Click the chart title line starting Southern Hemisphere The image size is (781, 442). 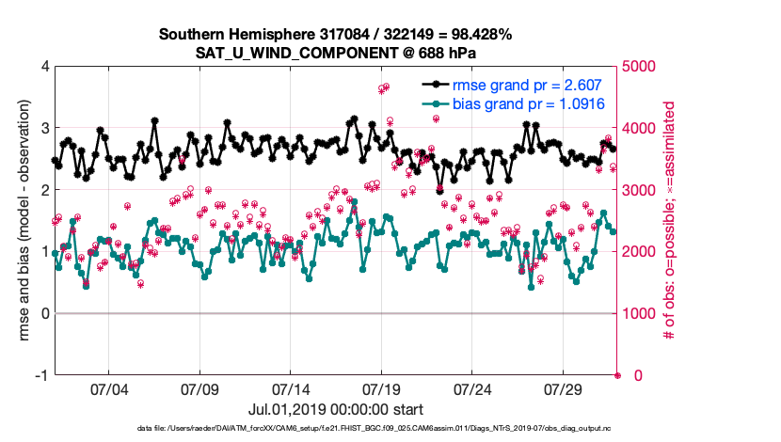[x=335, y=35]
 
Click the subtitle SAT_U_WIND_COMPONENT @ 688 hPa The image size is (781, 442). [x=335, y=53]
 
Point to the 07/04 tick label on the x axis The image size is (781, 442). [x=108, y=388]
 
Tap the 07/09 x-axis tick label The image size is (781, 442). [x=199, y=388]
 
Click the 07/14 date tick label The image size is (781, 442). [x=291, y=388]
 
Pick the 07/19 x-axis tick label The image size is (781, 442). [x=382, y=388]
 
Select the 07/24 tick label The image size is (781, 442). [x=473, y=388]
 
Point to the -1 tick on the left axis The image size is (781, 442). [x=40, y=375]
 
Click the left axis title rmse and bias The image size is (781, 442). [x=22, y=221]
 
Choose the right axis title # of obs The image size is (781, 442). [x=671, y=221]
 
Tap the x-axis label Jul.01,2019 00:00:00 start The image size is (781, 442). [x=335, y=409]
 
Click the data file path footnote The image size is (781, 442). [x=335, y=430]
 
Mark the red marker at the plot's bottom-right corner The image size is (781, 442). [x=618, y=375]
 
